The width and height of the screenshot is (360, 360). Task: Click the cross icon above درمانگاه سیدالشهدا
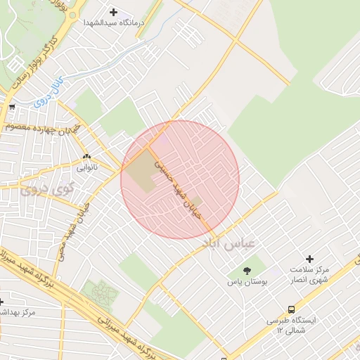pos(113,12)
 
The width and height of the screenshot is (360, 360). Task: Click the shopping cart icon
pos(11,108)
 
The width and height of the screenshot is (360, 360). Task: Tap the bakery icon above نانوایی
pos(86,157)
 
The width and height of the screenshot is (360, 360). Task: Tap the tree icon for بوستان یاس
pos(246,270)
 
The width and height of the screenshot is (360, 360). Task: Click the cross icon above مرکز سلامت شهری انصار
pos(309,259)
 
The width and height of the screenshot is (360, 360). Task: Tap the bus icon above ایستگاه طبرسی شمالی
pos(291,309)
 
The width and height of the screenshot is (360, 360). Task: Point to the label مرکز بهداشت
pos(18,311)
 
